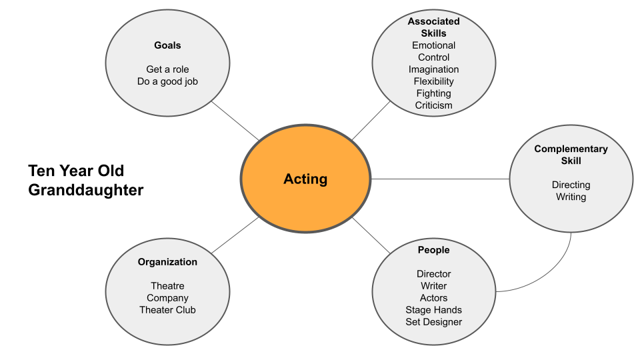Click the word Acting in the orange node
pos(305,179)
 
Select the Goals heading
pos(167,45)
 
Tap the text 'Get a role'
pos(167,69)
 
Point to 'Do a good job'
pos(167,81)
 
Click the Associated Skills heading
pos(433,27)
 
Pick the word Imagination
pos(433,69)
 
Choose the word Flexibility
pos(433,81)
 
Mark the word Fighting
pos(433,93)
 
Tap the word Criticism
pos(433,105)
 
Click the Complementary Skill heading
pos(571,155)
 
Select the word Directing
pos(571,185)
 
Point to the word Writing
pos(571,197)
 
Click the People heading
pos(433,250)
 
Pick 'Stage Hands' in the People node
pos(433,310)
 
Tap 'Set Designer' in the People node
pos(433,322)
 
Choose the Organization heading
pos(167,262)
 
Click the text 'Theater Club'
pos(167,310)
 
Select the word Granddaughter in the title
pos(85,190)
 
